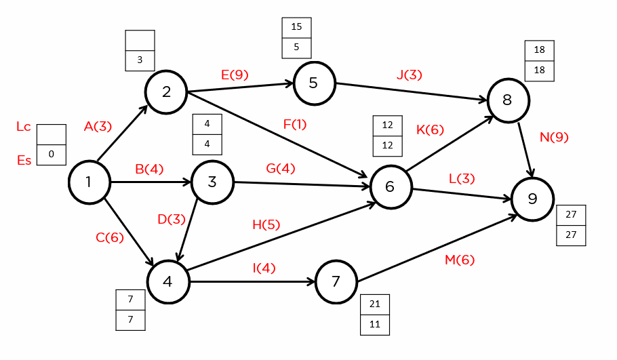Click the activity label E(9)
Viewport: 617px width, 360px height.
(x=235, y=75)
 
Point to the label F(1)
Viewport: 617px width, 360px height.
(x=295, y=124)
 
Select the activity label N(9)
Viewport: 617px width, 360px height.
(x=554, y=137)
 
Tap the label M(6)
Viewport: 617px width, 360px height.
(x=460, y=260)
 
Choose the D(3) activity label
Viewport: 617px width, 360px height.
(x=172, y=219)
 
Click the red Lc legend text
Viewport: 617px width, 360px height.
(x=24, y=127)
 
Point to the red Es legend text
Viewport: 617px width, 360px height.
(x=24, y=160)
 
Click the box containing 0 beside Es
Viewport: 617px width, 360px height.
(x=51, y=155)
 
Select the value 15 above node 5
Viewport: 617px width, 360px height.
(x=296, y=26)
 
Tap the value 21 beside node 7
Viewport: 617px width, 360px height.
(x=374, y=304)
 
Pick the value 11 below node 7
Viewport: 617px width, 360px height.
(x=374, y=324)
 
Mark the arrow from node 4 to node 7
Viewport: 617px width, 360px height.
(x=252, y=282)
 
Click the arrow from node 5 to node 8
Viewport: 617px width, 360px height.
(x=412, y=92)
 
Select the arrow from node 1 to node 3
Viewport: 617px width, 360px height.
(x=151, y=182)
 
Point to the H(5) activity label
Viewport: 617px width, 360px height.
(x=266, y=224)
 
